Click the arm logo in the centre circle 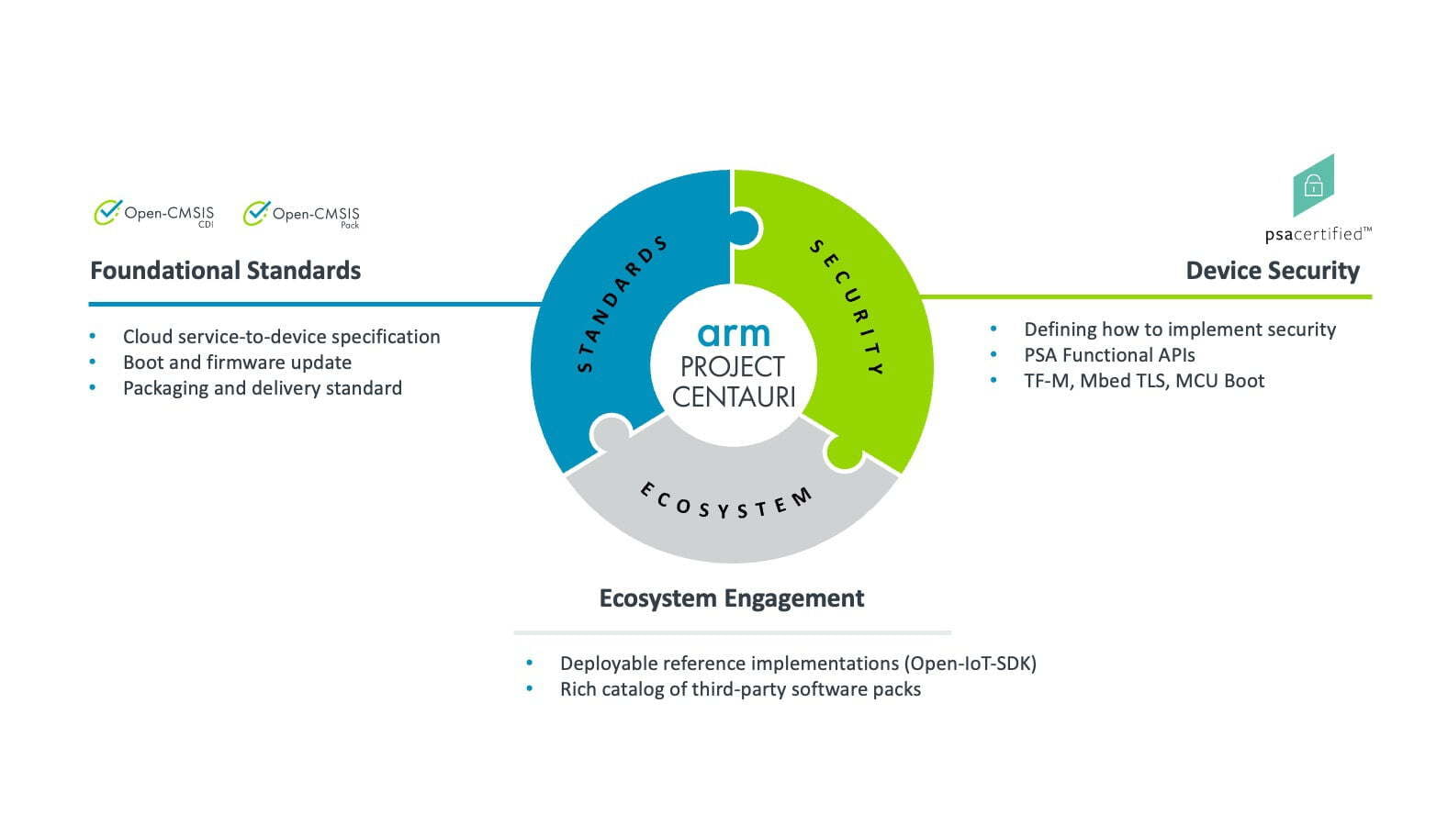[x=734, y=333]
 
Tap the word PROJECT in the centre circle [x=733, y=367]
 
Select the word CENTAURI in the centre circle [x=734, y=396]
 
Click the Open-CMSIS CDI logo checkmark [x=107, y=211]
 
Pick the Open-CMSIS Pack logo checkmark [x=256, y=213]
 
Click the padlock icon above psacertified [x=1313, y=186]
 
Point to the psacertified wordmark [x=1318, y=234]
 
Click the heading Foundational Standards [x=225, y=270]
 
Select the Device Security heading [x=1273, y=271]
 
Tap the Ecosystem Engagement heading [x=732, y=598]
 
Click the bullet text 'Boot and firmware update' [x=237, y=363]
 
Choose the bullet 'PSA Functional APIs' [x=1109, y=355]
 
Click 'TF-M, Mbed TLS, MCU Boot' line [x=1144, y=381]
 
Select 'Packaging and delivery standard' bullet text [x=263, y=388]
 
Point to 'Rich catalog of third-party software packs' [x=740, y=689]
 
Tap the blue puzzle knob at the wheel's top [x=745, y=228]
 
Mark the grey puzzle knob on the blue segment [x=610, y=431]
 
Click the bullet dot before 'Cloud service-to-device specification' [x=93, y=336]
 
